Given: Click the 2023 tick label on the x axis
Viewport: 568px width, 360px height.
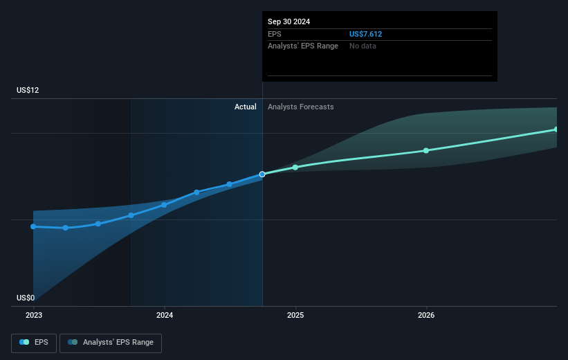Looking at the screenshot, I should [33, 315].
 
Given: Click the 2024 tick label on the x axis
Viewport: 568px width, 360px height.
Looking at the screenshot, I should [165, 315].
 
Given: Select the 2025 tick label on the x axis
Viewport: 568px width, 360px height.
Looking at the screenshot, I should [295, 315].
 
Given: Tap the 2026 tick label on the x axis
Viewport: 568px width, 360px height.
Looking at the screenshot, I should [426, 315].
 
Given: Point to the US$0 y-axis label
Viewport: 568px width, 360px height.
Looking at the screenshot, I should [26, 298].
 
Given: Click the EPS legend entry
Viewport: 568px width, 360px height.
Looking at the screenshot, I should [34, 342].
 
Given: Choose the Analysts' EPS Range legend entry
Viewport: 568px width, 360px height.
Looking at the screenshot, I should [111, 342].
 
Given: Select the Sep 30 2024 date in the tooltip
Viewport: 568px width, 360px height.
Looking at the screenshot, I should [289, 21].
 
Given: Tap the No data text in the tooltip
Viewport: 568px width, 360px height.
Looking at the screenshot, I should [363, 46].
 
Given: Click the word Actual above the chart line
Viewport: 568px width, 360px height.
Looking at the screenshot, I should [245, 107].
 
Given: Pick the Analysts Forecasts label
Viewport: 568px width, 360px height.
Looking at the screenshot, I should [300, 107].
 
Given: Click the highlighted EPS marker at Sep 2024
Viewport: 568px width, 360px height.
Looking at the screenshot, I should [262, 174].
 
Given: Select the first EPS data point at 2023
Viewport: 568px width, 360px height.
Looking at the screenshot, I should [33, 226].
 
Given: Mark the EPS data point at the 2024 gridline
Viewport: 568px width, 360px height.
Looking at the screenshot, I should [164, 205].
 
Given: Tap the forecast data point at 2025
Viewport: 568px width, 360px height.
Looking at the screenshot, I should [295, 168].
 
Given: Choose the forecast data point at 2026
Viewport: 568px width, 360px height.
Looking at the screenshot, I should [426, 150].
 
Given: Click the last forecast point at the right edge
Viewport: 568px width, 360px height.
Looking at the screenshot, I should [556, 129].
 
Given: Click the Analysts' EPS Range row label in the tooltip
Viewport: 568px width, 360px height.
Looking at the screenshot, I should [303, 46].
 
